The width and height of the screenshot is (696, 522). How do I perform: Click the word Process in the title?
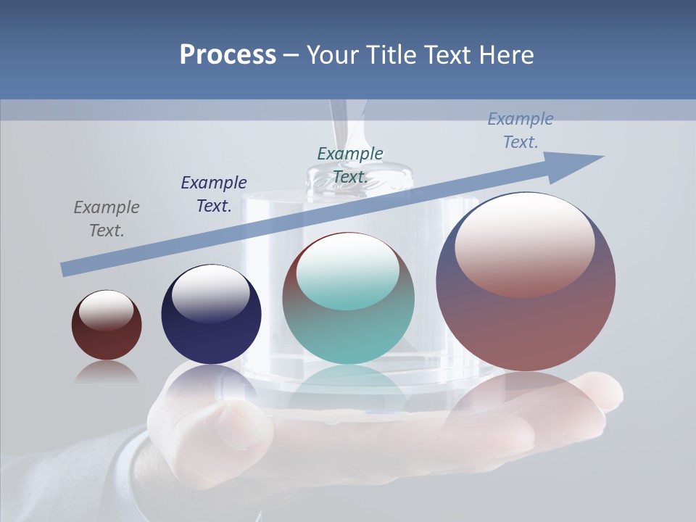[x=228, y=55]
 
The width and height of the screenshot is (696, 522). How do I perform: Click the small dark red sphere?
[x=107, y=341]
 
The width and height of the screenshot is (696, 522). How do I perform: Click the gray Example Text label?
[x=107, y=219]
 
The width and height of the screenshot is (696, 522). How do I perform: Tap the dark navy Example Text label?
[x=214, y=194]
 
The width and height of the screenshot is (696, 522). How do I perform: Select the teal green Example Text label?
[x=350, y=165]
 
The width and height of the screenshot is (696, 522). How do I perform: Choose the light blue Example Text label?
[x=521, y=130]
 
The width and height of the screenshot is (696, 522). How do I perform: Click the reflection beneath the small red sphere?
[x=107, y=372]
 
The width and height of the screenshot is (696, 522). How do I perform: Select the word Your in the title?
[x=330, y=55]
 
